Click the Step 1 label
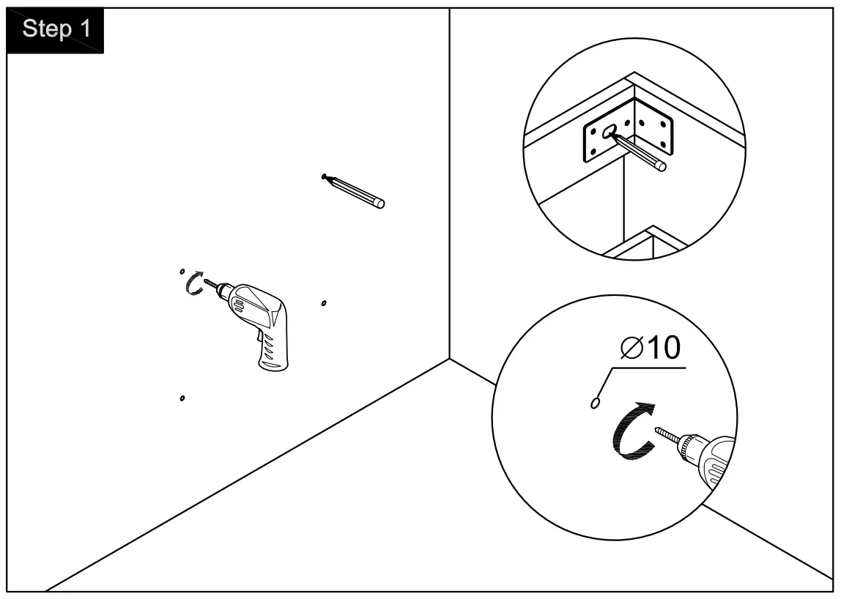[56, 29]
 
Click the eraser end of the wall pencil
[379, 204]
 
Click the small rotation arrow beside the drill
[194, 283]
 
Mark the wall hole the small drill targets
[182, 272]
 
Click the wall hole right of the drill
[324, 302]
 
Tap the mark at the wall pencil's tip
[323, 176]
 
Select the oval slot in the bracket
[610, 133]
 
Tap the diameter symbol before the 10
[631, 349]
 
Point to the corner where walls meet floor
[449, 358]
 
